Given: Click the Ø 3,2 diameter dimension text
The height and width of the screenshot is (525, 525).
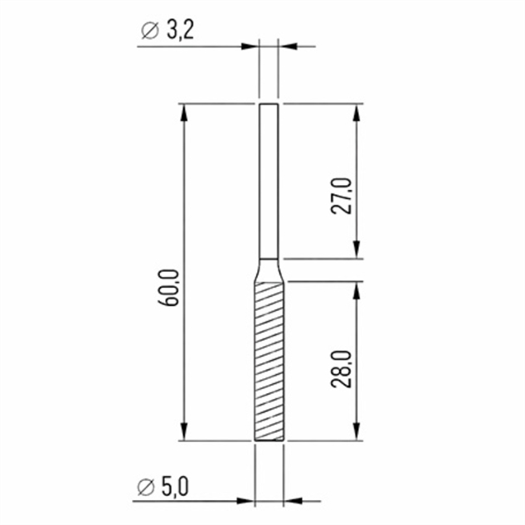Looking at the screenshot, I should [168, 31].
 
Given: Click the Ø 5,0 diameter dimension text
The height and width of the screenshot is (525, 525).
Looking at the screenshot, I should [168, 485].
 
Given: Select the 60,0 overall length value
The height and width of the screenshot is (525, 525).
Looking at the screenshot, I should [172, 287].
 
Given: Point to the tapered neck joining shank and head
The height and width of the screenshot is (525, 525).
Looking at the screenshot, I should [269, 270].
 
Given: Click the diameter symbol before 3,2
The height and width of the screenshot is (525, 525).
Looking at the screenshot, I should [149, 32].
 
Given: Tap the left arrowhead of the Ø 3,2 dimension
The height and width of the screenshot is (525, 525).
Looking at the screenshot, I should [252, 46].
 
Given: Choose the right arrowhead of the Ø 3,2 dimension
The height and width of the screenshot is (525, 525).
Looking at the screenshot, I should [287, 46].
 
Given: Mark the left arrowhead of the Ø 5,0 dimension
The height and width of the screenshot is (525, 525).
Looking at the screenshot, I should [245, 501].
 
